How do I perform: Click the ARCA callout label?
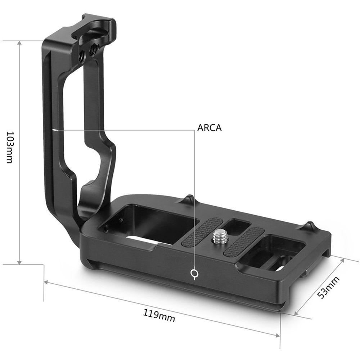click(x=210, y=128)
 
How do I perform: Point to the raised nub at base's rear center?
click(x=190, y=199)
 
